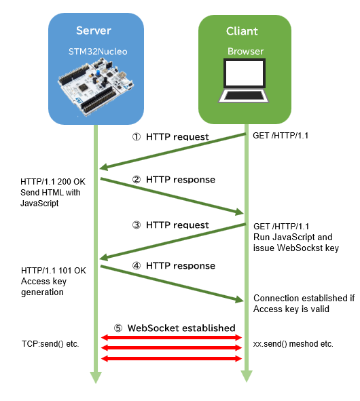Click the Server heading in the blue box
94,31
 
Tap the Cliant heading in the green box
242,31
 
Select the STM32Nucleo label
98,52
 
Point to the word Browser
246,52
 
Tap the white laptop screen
245,73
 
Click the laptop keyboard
243,96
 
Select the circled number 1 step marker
137,137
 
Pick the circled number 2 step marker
137,180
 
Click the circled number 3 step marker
137,225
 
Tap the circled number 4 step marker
137,266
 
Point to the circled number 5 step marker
118,328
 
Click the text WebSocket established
181,328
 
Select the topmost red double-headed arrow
172,338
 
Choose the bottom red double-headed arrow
172,358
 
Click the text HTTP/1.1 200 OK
53,182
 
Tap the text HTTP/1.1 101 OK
54,271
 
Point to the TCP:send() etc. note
50,344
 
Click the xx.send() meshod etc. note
293,344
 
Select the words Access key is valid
291,309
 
